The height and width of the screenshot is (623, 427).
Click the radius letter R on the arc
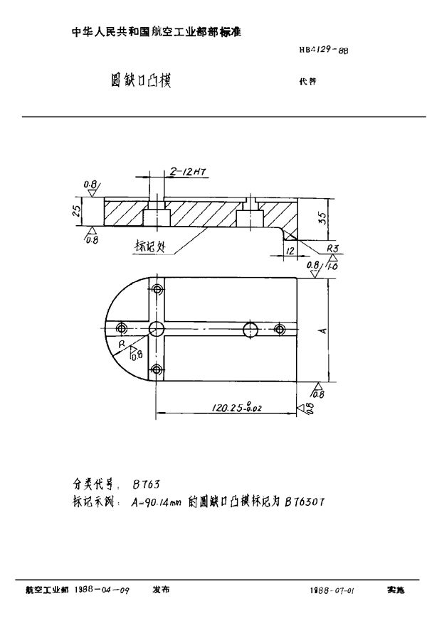[x=122, y=343]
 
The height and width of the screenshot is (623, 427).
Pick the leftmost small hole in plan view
[x=122, y=327]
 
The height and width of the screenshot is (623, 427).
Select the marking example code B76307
[x=305, y=501]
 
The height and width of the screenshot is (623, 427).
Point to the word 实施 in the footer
[x=396, y=590]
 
